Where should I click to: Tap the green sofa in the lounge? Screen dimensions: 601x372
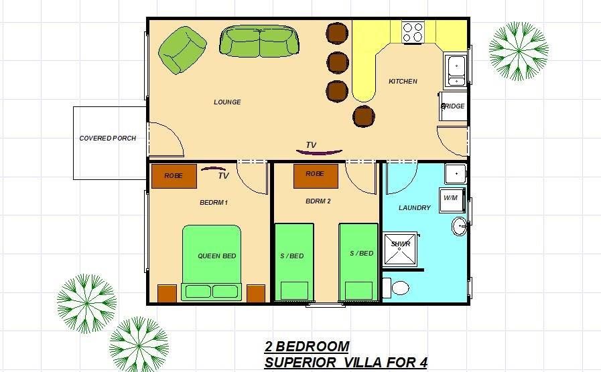point(259,41)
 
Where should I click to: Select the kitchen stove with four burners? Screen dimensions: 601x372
point(413,33)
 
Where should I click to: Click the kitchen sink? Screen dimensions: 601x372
point(456,70)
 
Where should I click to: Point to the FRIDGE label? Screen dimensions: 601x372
point(453,106)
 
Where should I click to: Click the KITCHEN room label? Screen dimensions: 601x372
point(403,81)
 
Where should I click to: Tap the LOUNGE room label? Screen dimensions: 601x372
point(227,102)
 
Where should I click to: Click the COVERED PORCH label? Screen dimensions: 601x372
point(108,138)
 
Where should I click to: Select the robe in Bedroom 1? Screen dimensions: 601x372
point(174,176)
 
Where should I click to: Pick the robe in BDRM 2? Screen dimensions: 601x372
point(316,176)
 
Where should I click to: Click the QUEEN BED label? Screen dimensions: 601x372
point(217,256)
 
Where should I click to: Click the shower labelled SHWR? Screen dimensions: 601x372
point(400,249)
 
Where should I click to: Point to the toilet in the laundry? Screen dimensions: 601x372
point(396,288)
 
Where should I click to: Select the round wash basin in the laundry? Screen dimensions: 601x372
point(459,226)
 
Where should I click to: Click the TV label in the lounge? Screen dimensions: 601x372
point(311,145)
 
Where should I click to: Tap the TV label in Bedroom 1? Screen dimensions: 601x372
point(224,176)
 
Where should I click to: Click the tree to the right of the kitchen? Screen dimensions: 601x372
point(519,52)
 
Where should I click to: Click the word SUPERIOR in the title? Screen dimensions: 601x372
point(300,362)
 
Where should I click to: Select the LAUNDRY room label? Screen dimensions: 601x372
point(415,208)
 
